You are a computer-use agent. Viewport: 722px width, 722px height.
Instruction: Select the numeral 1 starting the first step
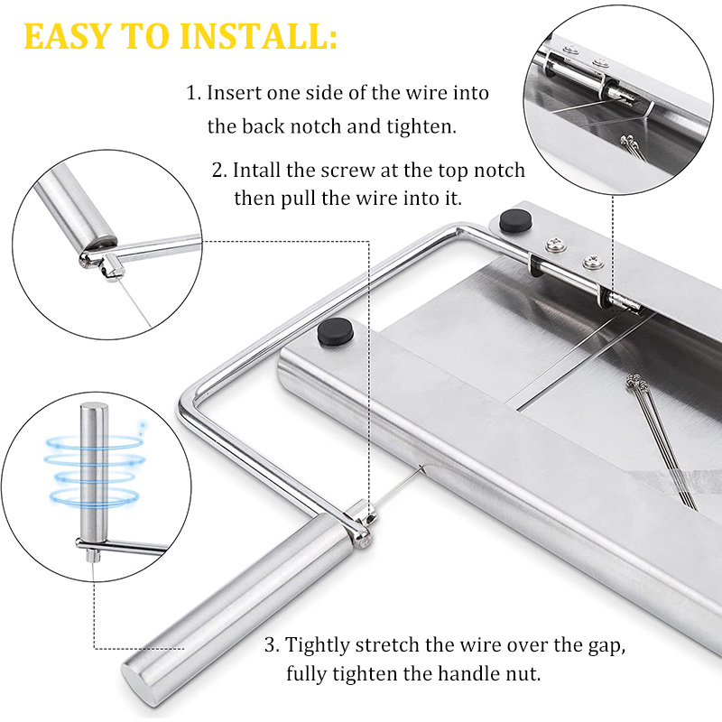192,93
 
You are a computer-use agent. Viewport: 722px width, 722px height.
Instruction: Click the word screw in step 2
348,171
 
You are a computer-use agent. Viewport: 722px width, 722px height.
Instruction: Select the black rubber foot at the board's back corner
515,220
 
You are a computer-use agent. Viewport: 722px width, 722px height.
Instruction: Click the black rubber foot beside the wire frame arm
335,331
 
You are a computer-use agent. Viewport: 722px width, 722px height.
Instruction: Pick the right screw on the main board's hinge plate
591,263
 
